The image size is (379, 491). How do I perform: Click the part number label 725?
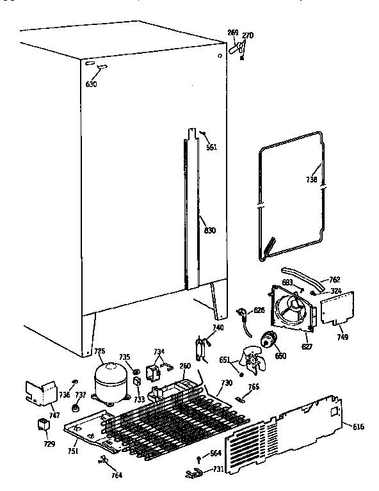(99, 351)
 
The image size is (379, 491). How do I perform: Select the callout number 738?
(311, 181)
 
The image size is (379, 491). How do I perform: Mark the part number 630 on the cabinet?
(92, 84)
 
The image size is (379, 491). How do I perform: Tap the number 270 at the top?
(248, 35)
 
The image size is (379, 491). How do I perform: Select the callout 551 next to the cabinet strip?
(211, 147)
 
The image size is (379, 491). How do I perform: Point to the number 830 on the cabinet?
(209, 231)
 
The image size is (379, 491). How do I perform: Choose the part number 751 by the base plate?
(74, 451)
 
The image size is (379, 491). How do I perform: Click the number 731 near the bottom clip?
(218, 470)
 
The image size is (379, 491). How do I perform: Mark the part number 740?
(218, 328)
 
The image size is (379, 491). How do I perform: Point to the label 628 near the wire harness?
(259, 310)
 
